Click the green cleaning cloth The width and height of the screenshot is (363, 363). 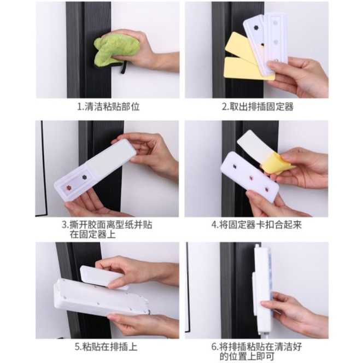114,49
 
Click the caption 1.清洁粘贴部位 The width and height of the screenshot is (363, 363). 109,107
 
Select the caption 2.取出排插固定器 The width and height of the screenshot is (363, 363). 257,107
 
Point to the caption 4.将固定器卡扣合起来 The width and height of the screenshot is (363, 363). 257,225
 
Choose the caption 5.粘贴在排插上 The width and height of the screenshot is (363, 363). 106,347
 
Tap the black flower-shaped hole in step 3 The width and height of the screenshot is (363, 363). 84,177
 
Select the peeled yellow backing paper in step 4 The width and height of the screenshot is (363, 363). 277,163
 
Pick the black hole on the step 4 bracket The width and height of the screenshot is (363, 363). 235,166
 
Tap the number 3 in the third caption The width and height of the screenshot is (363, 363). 65,225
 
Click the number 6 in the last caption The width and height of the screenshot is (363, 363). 214,347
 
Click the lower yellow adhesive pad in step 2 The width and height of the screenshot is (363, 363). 243,68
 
